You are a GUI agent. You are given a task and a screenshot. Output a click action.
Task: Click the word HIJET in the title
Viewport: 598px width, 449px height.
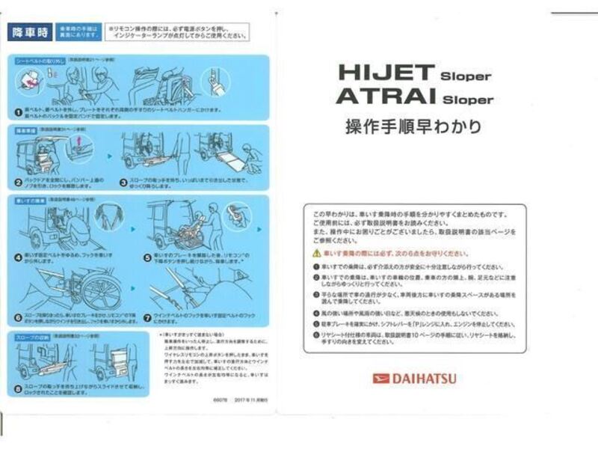(386, 73)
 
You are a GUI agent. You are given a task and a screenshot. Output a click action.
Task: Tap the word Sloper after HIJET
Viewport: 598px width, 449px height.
(465, 76)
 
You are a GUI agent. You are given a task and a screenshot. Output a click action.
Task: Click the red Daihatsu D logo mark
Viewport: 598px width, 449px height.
(381, 379)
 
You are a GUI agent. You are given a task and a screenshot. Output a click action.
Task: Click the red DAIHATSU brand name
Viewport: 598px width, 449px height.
(423, 379)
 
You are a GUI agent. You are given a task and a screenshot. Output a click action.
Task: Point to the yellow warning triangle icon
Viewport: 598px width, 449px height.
(316, 254)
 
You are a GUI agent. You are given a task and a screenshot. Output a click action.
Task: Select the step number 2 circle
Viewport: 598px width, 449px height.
(18, 182)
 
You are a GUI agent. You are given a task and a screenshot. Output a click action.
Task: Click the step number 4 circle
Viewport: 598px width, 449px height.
(18, 257)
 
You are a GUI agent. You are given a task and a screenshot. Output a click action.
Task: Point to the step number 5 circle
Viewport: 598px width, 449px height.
(147, 257)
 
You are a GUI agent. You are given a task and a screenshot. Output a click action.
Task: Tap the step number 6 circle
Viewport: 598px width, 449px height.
(18, 318)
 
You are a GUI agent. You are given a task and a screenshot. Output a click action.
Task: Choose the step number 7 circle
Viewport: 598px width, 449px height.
(147, 318)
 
